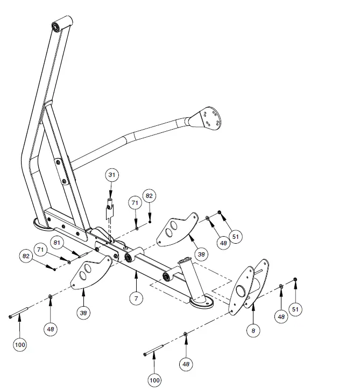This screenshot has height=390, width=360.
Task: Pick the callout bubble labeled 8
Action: [x=253, y=330]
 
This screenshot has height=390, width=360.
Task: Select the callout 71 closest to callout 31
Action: [x=136, y=203]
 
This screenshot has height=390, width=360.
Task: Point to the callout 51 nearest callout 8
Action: [x=295, y=309]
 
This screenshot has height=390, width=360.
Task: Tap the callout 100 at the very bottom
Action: [x=154, y=380]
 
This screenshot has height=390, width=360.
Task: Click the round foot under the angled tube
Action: [x=201, y=304]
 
